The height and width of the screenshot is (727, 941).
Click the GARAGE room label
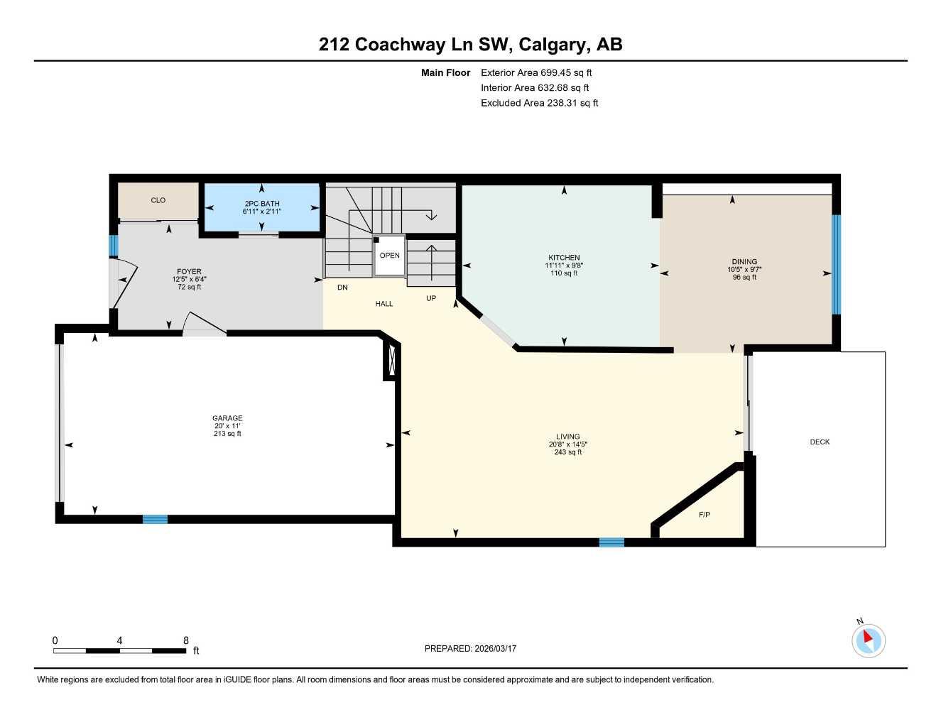point(227,418)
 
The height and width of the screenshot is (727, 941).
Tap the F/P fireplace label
point(704,515)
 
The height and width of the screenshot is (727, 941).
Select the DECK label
point(820,442)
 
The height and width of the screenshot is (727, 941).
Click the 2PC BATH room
point(261,207)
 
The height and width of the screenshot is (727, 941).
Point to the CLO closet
point(158,201)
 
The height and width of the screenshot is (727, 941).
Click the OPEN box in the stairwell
point(389,256)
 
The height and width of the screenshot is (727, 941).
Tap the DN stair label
point(342,288)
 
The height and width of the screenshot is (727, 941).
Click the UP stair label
point(431,298)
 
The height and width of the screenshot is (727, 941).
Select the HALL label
point(384,304)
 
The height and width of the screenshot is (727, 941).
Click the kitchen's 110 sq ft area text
point(564,273)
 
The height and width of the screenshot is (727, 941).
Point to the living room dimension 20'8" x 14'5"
point(567,444)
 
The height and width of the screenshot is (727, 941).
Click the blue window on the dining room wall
point(836,264)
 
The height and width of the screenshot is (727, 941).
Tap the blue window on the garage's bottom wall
point(155,519)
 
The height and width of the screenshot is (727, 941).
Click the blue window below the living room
point(611,542)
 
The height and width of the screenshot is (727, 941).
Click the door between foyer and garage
point(204,324)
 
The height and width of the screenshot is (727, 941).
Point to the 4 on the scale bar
point(119,640)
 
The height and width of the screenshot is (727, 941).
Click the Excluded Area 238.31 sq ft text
point(539,103)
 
